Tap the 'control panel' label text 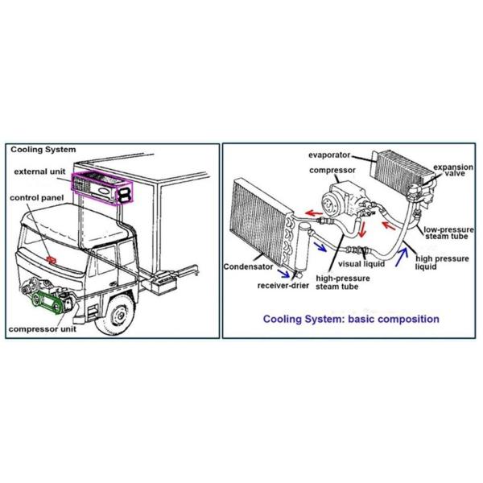point(36,198)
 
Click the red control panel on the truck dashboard point(52,260)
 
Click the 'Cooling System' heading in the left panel point(43,150)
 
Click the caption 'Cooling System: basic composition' point(352,319)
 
